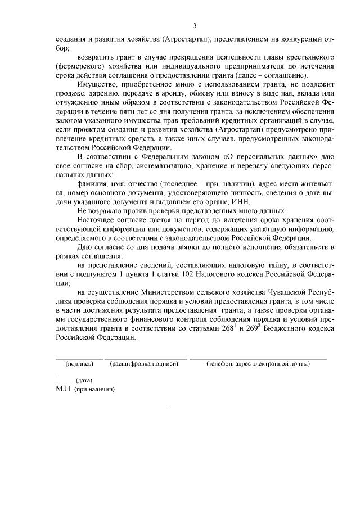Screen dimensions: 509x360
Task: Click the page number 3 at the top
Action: (x=195, y=26)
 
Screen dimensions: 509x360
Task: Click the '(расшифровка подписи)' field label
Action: (x=145, y=364)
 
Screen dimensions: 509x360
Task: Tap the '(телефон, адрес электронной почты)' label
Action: (x=258, y=364)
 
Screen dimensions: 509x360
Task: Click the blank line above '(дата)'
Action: (x=92, y=375)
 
